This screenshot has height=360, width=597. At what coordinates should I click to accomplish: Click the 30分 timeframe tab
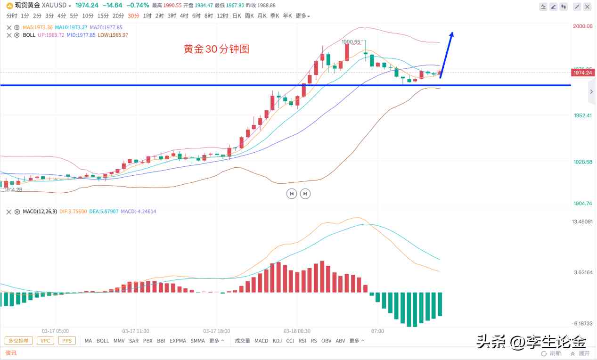click(x=134, y=16)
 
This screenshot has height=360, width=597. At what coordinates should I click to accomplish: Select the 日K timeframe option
click(x=236, y=16)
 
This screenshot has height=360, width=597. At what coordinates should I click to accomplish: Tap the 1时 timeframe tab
click(x=147, y=16)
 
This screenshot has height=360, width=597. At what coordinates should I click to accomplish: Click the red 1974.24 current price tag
click(x=582, y=73)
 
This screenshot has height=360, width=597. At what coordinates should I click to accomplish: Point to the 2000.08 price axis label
click(x=582, y=26)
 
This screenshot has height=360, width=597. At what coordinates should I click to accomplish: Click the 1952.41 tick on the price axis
click(x=582, y=115)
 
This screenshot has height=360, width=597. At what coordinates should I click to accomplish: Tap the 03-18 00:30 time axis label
click(x=297, y=331)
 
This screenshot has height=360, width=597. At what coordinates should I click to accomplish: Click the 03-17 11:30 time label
click(x=136, y=331)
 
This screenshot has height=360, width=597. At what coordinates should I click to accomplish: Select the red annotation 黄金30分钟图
click(x=216, y=49)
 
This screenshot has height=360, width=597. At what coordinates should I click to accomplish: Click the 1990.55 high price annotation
click(x=351, y=42)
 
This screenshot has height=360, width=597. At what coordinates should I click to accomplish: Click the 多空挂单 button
click(x=19, y=341)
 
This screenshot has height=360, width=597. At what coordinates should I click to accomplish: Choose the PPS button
click(x=67, y=341)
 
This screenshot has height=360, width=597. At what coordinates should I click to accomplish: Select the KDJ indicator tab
click(x=277, y=341)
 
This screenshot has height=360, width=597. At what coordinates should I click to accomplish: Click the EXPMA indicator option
click(x=178, y=341)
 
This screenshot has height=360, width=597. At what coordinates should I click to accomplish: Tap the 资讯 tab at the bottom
click(x=11, y=353)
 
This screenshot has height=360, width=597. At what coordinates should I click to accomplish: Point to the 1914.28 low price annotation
click(x=14, y=189)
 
